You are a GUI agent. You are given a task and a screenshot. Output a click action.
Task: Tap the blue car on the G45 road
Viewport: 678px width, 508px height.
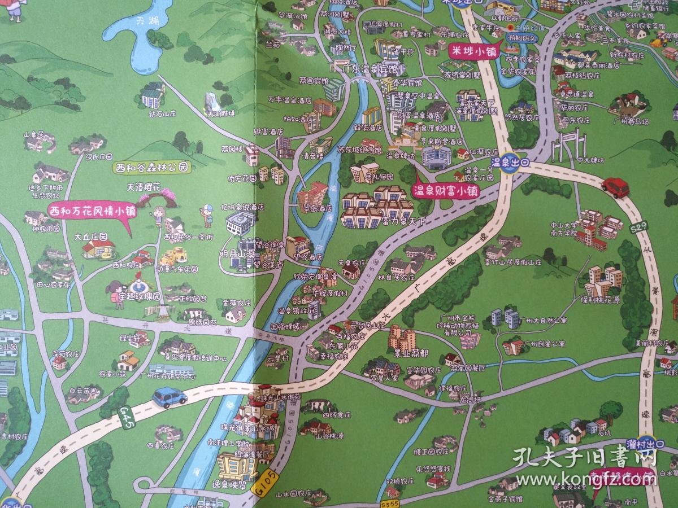point(169,397)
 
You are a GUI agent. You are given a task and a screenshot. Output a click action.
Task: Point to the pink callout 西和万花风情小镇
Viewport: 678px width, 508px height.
point(92,211)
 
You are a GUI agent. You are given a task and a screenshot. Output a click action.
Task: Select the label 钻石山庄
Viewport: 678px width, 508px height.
point(163,113)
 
